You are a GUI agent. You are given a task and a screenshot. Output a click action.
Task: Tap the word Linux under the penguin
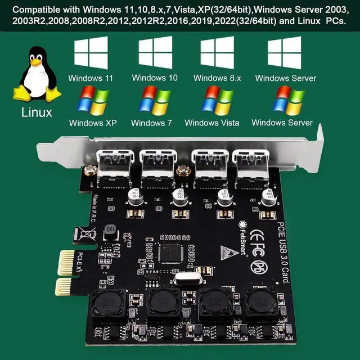[x=37, y=112]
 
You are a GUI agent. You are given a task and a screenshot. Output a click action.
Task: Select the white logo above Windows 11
[x=91, y=53]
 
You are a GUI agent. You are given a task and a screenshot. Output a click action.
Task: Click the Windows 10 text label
[x=155, y=78]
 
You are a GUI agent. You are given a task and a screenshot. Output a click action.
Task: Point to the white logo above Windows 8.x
[x=217, y=53]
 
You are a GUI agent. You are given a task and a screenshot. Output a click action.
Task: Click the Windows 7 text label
[x=151, y=123]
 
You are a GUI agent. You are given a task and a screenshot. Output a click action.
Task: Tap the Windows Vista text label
[x=211, y=123]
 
